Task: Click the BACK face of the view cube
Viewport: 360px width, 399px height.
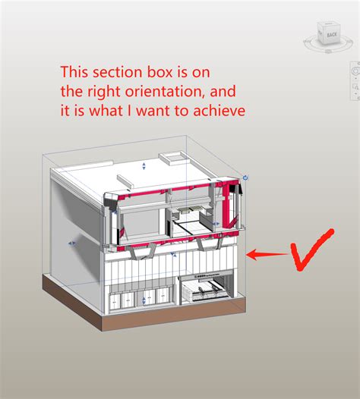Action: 332,35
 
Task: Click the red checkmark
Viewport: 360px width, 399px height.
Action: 311,248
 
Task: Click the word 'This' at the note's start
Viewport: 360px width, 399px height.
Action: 75,74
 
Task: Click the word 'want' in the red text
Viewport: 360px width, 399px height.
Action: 141,111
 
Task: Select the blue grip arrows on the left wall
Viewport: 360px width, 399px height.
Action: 71,243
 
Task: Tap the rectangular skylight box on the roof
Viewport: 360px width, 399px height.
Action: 172,157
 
